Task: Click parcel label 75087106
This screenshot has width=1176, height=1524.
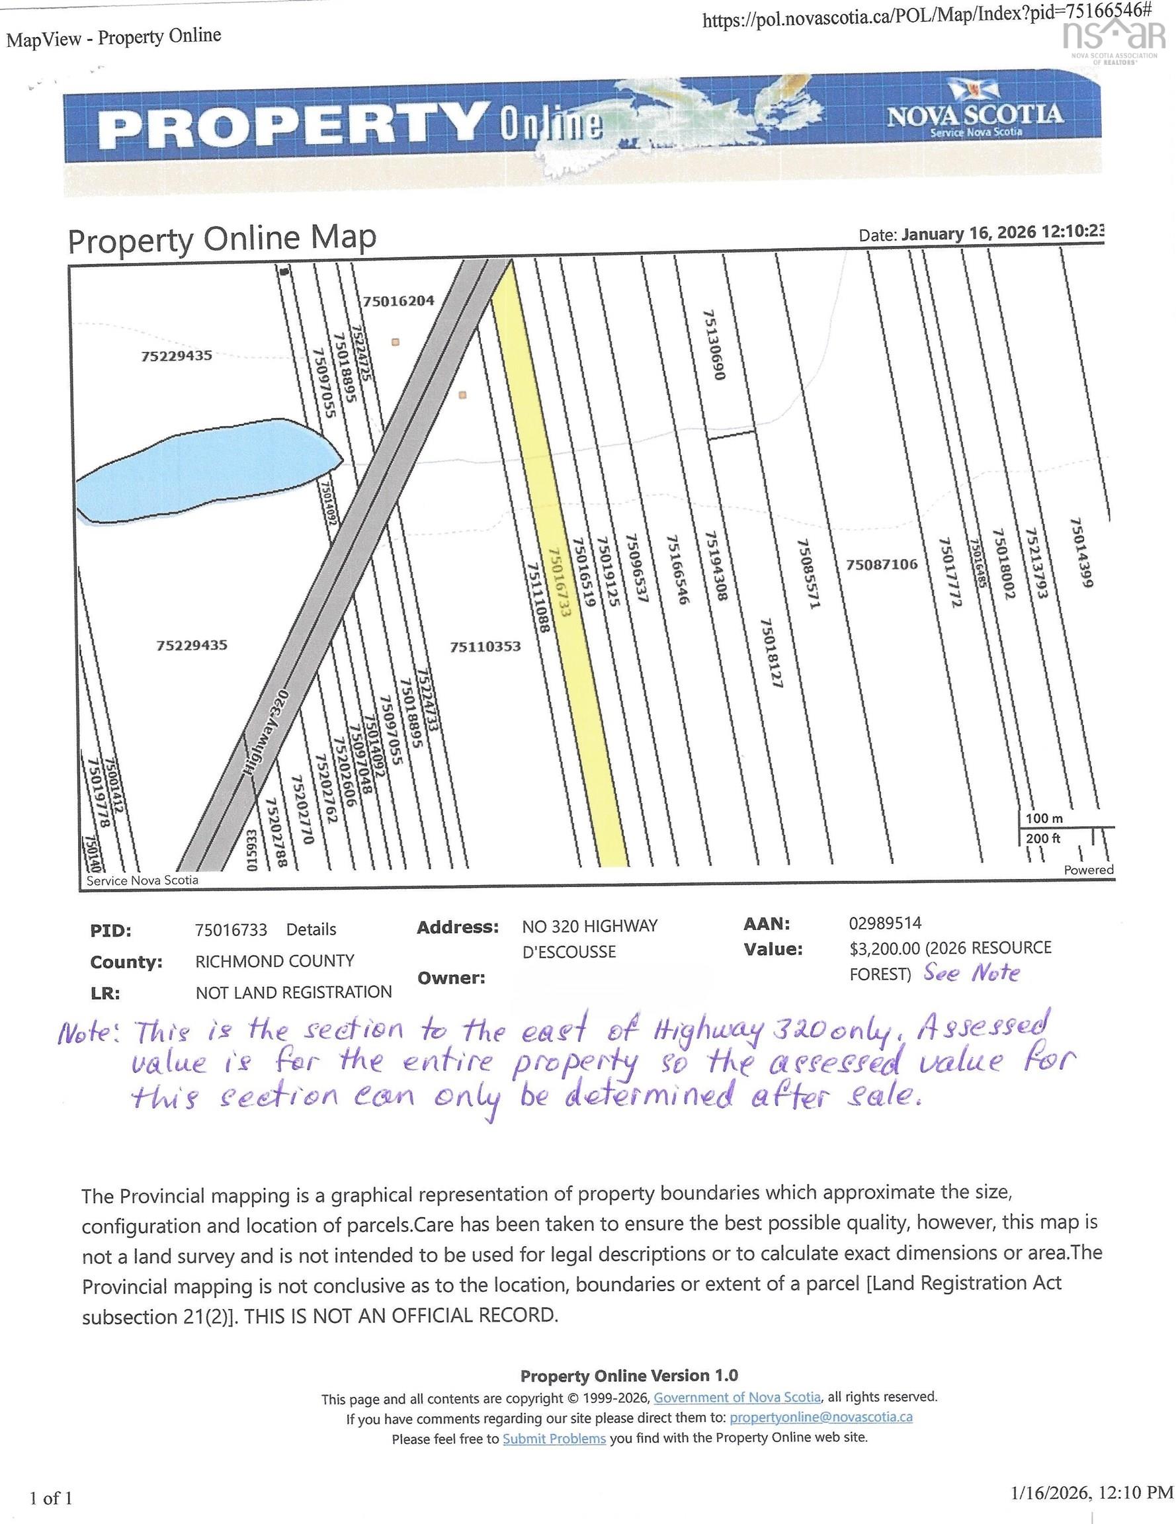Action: point(882,564)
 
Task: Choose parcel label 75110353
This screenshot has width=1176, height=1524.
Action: point(485,646)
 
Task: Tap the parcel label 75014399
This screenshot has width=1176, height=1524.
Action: point(1079,551)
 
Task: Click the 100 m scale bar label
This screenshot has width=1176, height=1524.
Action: point(1044,818)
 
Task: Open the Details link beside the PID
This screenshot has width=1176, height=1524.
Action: point(311,929)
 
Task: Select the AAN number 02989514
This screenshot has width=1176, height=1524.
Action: point(885,923)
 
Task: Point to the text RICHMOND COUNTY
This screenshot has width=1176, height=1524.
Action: point(274,961)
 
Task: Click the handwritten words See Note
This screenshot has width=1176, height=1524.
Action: point(972,972)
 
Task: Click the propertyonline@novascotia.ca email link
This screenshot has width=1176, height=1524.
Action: point(821,1418)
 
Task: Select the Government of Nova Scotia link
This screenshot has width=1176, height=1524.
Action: point(737,1397)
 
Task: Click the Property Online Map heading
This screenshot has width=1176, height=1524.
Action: point(222,239)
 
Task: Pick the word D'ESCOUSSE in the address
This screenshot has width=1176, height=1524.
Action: point(569,952)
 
